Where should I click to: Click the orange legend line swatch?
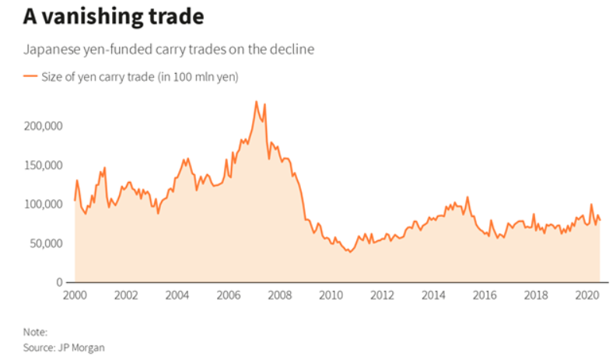click(30, 76)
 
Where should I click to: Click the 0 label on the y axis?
click(59, 282)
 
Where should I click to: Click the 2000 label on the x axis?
click(75, 295)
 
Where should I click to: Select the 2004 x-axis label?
click(177, 295)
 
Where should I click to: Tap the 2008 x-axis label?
click(279, 295)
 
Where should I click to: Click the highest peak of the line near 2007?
click(256, 101)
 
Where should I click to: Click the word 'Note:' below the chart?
click(34, 332)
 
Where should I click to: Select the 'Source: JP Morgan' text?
click(63, 348)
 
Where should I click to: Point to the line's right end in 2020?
click(600, 220)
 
